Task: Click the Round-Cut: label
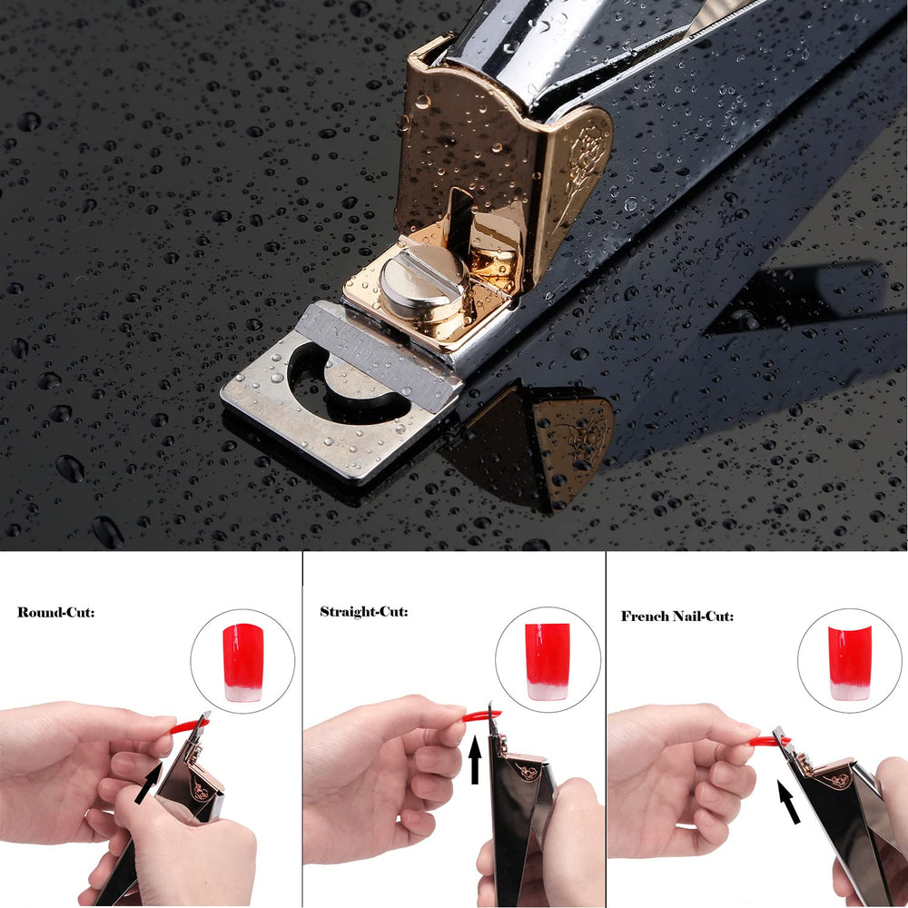[55, 612]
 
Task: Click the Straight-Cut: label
[363, 611]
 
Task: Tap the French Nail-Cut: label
[677, 616]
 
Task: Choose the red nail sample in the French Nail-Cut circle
[850, 661]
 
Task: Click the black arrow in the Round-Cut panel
[148, 783]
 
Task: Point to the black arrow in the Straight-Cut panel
[474, 760]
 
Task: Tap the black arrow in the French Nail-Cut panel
[789, 802]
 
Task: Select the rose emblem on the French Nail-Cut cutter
[834, 780]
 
